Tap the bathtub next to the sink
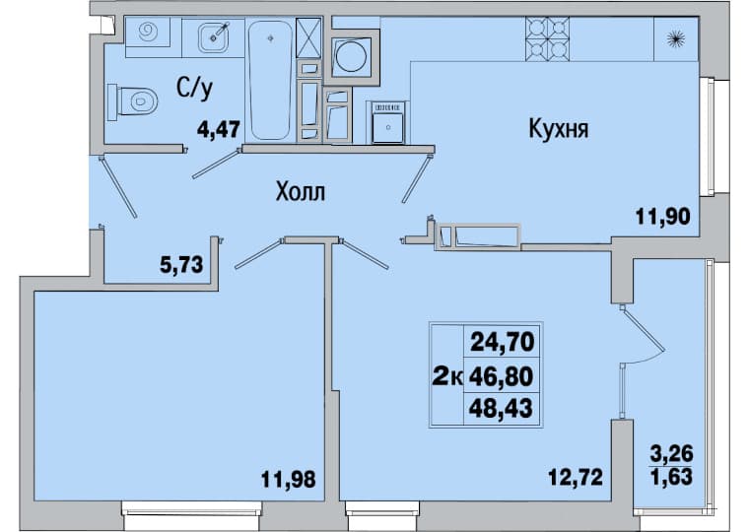(x=270, y=79)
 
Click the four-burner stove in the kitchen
(x=547, y=38)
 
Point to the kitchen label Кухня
(x=559, y=129)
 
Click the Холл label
(x=301, y=192)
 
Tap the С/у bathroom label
(x=194, y=89)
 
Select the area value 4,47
(x=218, y=129)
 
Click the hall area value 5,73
(x=181, y=264)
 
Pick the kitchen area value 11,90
(x=662, y=217)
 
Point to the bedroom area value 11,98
(x=288, y=479)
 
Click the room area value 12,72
(x=576, y=477)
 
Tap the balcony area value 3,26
(x=671, y=453)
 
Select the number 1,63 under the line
(x=672, y=476)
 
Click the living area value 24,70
(x=502, y=342)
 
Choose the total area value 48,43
(x=501, y=408)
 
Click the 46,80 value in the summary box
(x=501, y=376)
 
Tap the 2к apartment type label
(x=447, y=376)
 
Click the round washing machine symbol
(x=352, y=56)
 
